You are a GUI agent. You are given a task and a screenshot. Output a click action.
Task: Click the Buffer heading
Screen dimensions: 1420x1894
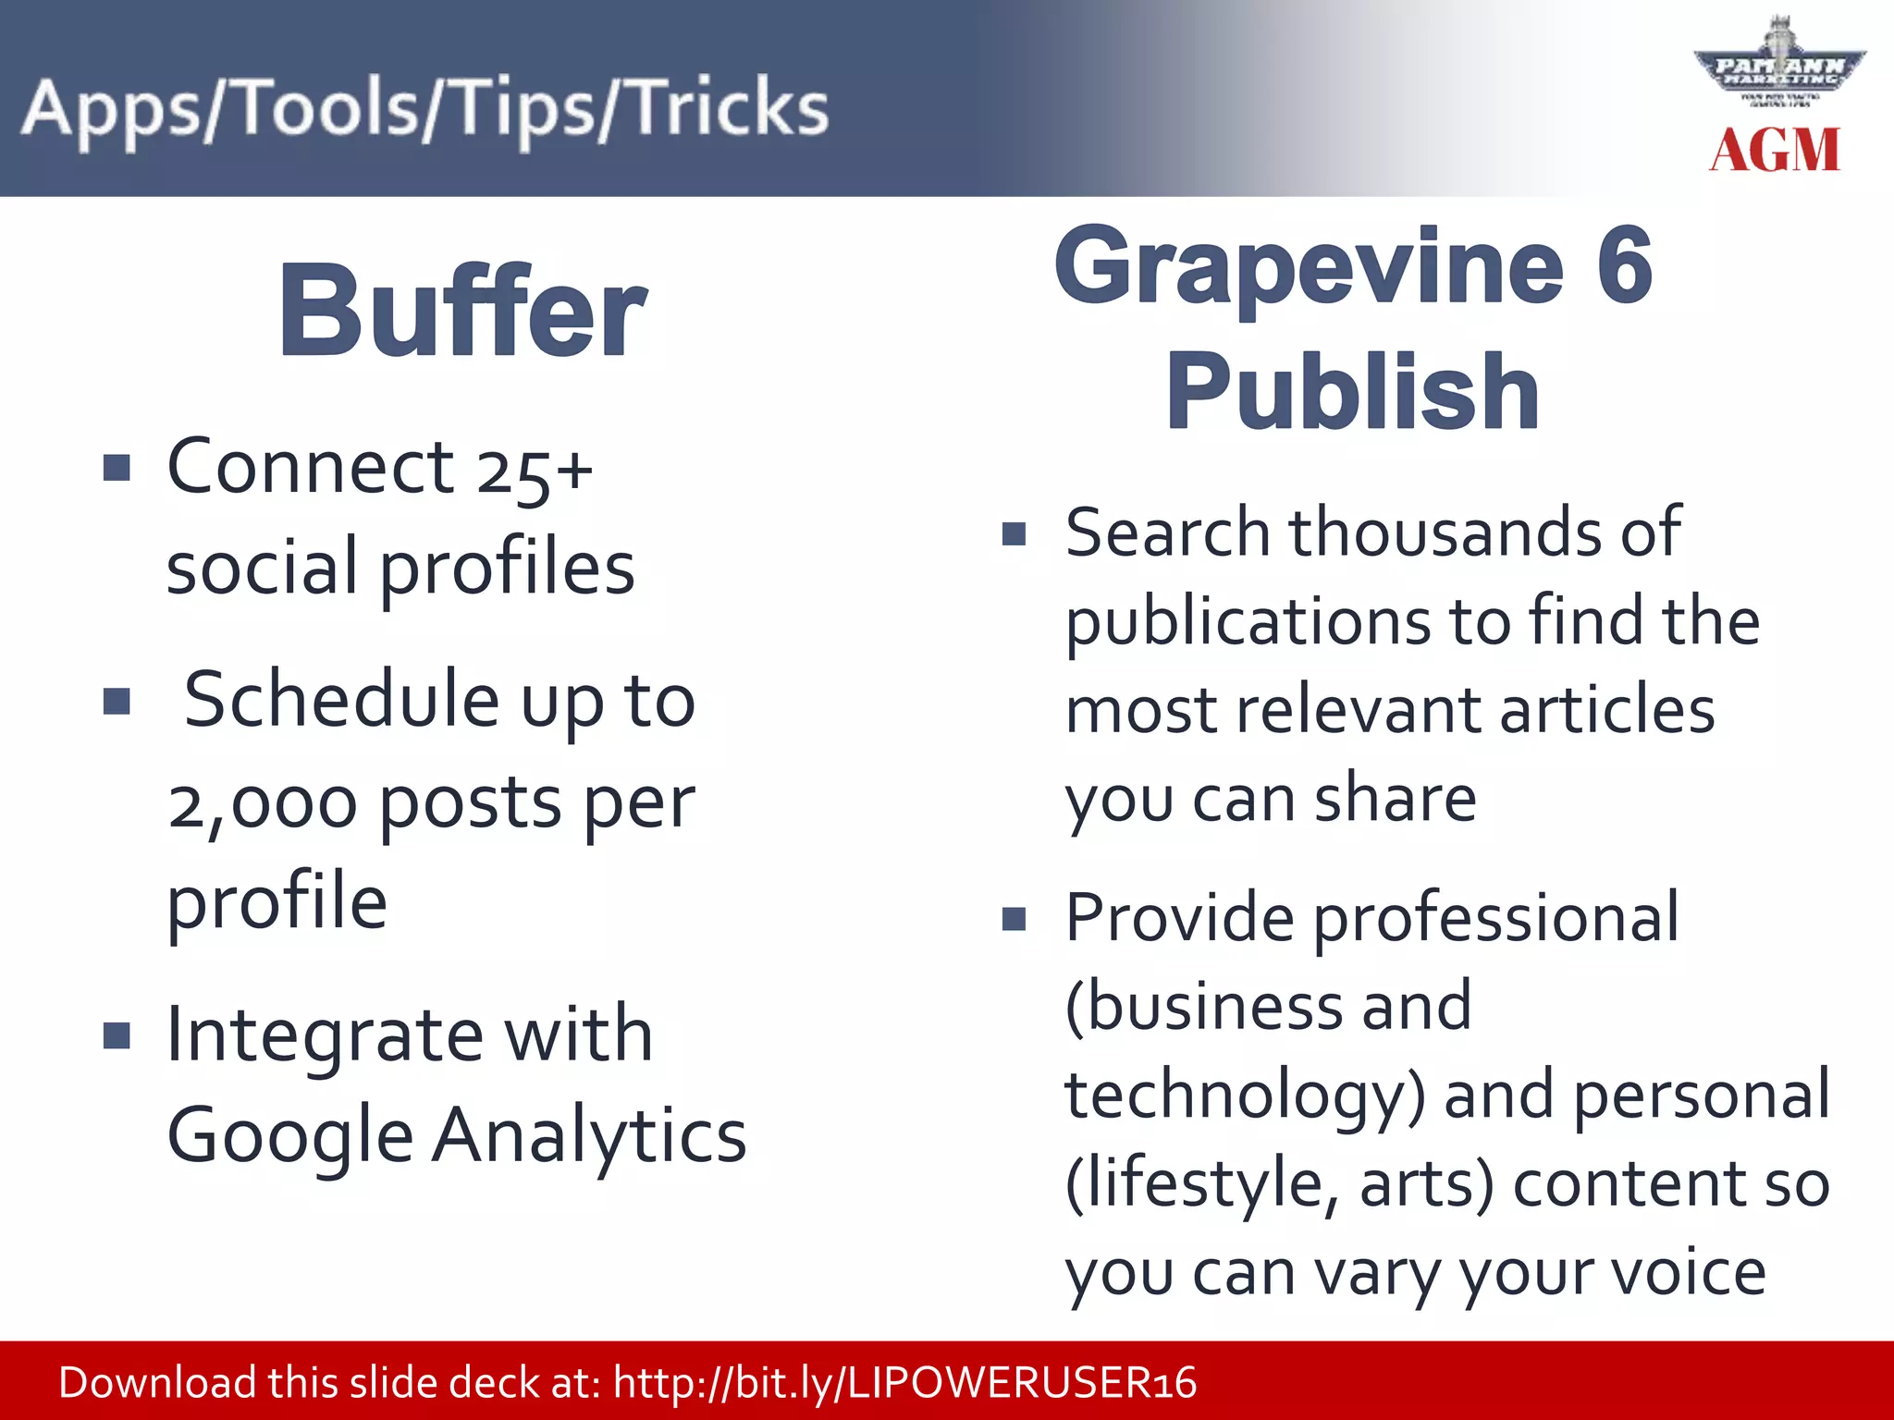pos(462,312)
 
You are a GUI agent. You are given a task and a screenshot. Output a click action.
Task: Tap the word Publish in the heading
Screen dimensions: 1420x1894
pos(1352,392)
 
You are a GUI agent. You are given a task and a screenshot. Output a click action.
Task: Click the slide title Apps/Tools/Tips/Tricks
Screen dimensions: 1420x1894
pos(425,109)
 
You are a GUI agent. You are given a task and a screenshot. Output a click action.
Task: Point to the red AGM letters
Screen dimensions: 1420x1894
pos(1775,151)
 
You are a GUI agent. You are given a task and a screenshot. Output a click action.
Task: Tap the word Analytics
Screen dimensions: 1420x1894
pos(589,1135)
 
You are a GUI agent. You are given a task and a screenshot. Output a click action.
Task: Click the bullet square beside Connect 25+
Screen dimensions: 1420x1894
pos(117,467)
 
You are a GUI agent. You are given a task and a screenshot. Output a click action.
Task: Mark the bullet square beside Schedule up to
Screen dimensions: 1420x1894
pos(117,701)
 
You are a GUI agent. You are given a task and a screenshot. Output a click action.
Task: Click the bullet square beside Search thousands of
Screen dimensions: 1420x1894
pos(1015,533)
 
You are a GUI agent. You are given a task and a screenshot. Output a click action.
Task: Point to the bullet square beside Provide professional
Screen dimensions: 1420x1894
pos(1015,918)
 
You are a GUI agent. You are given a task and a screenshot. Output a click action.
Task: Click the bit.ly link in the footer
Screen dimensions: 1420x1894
pos(904,1383)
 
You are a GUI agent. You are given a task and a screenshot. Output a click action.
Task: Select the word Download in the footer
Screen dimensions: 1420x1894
pos(157,1383)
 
